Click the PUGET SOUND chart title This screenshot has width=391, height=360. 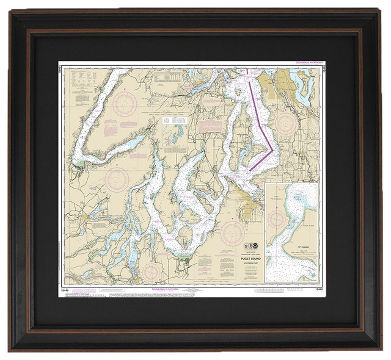[250, 258]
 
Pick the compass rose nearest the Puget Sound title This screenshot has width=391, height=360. [232, 232]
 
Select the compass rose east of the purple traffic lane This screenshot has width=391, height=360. [285, 122]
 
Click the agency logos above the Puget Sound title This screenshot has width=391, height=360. [250, 247]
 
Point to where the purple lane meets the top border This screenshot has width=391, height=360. [247, 70]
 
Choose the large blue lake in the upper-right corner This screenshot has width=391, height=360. [302, 88]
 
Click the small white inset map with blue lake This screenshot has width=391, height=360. [173, 131]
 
